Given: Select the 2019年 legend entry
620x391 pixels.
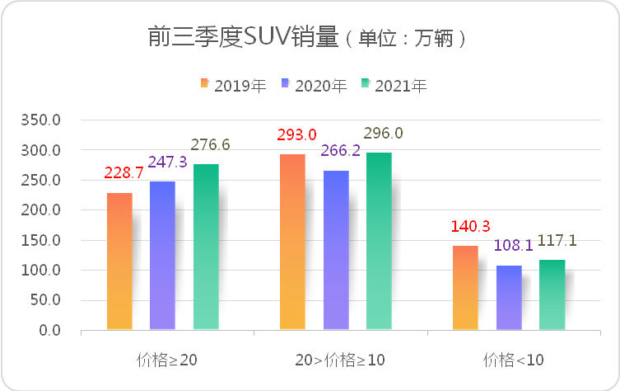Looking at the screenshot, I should pyautogui.click(x=231, y=84).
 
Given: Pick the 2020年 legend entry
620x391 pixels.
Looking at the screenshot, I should pyautogui.click(x=312, y=84).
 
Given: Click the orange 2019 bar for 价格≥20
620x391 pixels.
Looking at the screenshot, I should pyautogui.click(x=119, y=261).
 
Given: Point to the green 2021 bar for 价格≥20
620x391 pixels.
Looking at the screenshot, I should pyautogui.click(x=206, y=247).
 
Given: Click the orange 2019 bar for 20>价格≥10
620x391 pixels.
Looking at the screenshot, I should pyautogui.click(x=292, y=243).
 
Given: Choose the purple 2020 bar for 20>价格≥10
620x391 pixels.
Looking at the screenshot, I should pyautogui.click(x=336, y=250).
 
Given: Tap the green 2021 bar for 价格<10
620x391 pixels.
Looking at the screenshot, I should pyautogui.click(x=552, y=295).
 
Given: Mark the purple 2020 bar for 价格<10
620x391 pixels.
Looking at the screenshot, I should pyautogui.click(x=509, y=298).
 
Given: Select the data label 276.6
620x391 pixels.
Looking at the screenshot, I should pyautogui.click(x=212, y=145).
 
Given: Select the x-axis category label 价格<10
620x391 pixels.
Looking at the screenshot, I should pyautogui.click(x=514, y=360).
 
